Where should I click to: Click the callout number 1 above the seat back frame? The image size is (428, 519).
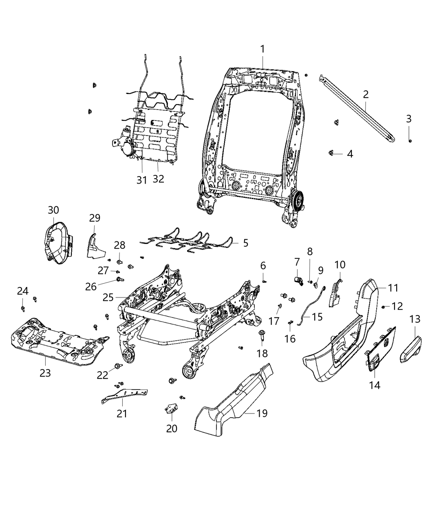point(263,49)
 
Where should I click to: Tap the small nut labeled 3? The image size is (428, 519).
point(410,140)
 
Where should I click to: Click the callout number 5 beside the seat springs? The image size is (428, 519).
point(245,243)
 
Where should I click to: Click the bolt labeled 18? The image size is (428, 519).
point(261,337)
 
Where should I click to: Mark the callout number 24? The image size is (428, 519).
point(23,291)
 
